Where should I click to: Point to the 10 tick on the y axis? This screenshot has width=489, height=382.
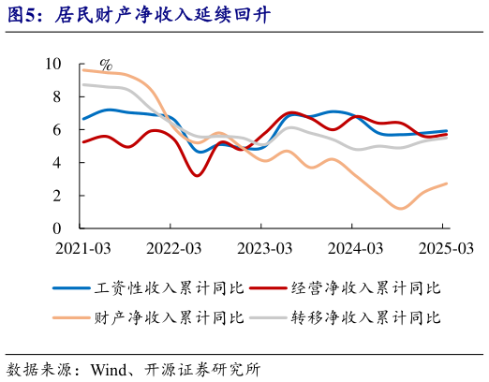point(52,64)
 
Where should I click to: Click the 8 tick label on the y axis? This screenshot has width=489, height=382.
point(56,96)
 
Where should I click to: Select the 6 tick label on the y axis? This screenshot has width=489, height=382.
point(56,129)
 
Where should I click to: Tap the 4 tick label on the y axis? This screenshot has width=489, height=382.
point(56,162)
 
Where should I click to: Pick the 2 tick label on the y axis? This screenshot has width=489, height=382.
point(56,195)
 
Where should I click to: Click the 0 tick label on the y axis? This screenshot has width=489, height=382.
point(56,228)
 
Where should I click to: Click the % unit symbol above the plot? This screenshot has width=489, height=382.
point(106,66)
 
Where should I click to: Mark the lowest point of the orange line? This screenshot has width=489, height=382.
point(401,208)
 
